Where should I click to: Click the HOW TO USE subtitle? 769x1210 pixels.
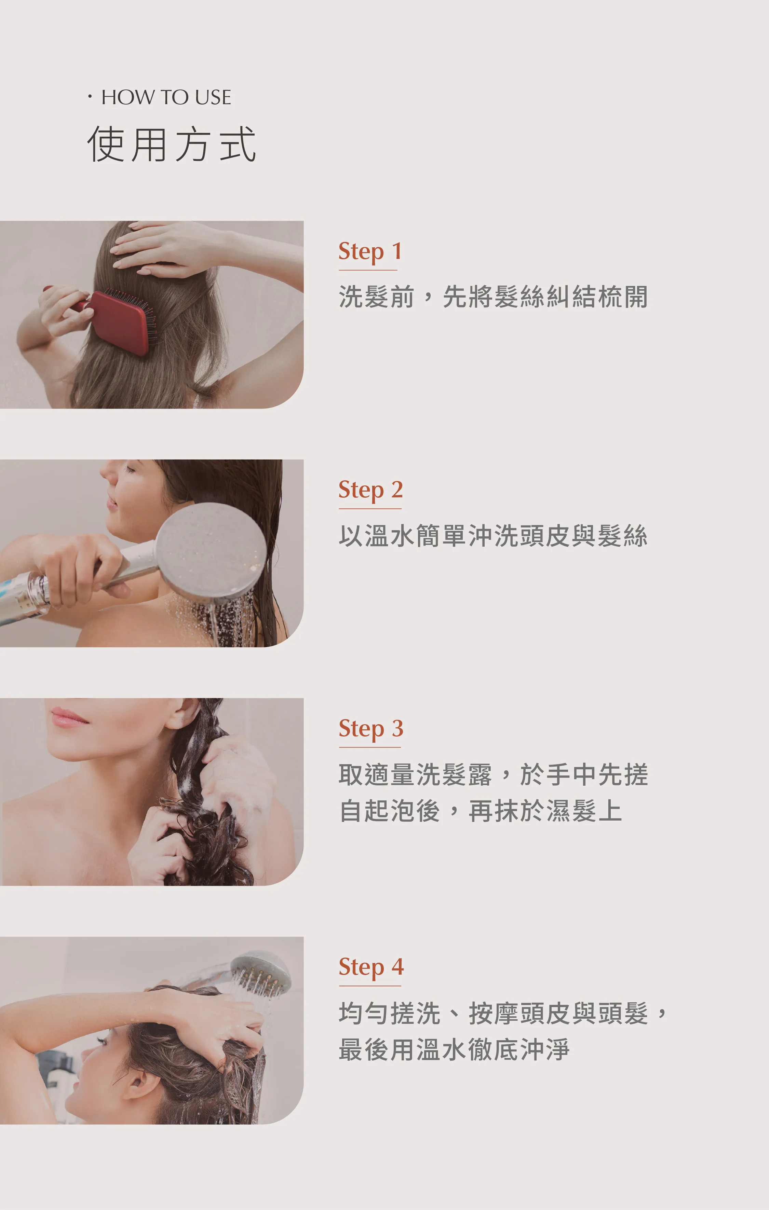166,97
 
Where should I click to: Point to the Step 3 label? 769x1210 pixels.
371,729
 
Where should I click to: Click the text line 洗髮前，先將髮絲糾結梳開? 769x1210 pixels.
493,297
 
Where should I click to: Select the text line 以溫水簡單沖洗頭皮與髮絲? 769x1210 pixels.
493,535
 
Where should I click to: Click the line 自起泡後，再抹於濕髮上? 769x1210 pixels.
481,811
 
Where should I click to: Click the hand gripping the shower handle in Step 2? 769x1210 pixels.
76,568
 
